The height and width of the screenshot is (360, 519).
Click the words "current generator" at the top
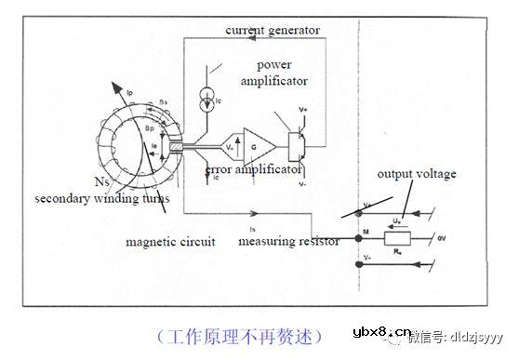[273, 31]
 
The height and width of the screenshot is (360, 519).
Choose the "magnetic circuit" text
[170, 242]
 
